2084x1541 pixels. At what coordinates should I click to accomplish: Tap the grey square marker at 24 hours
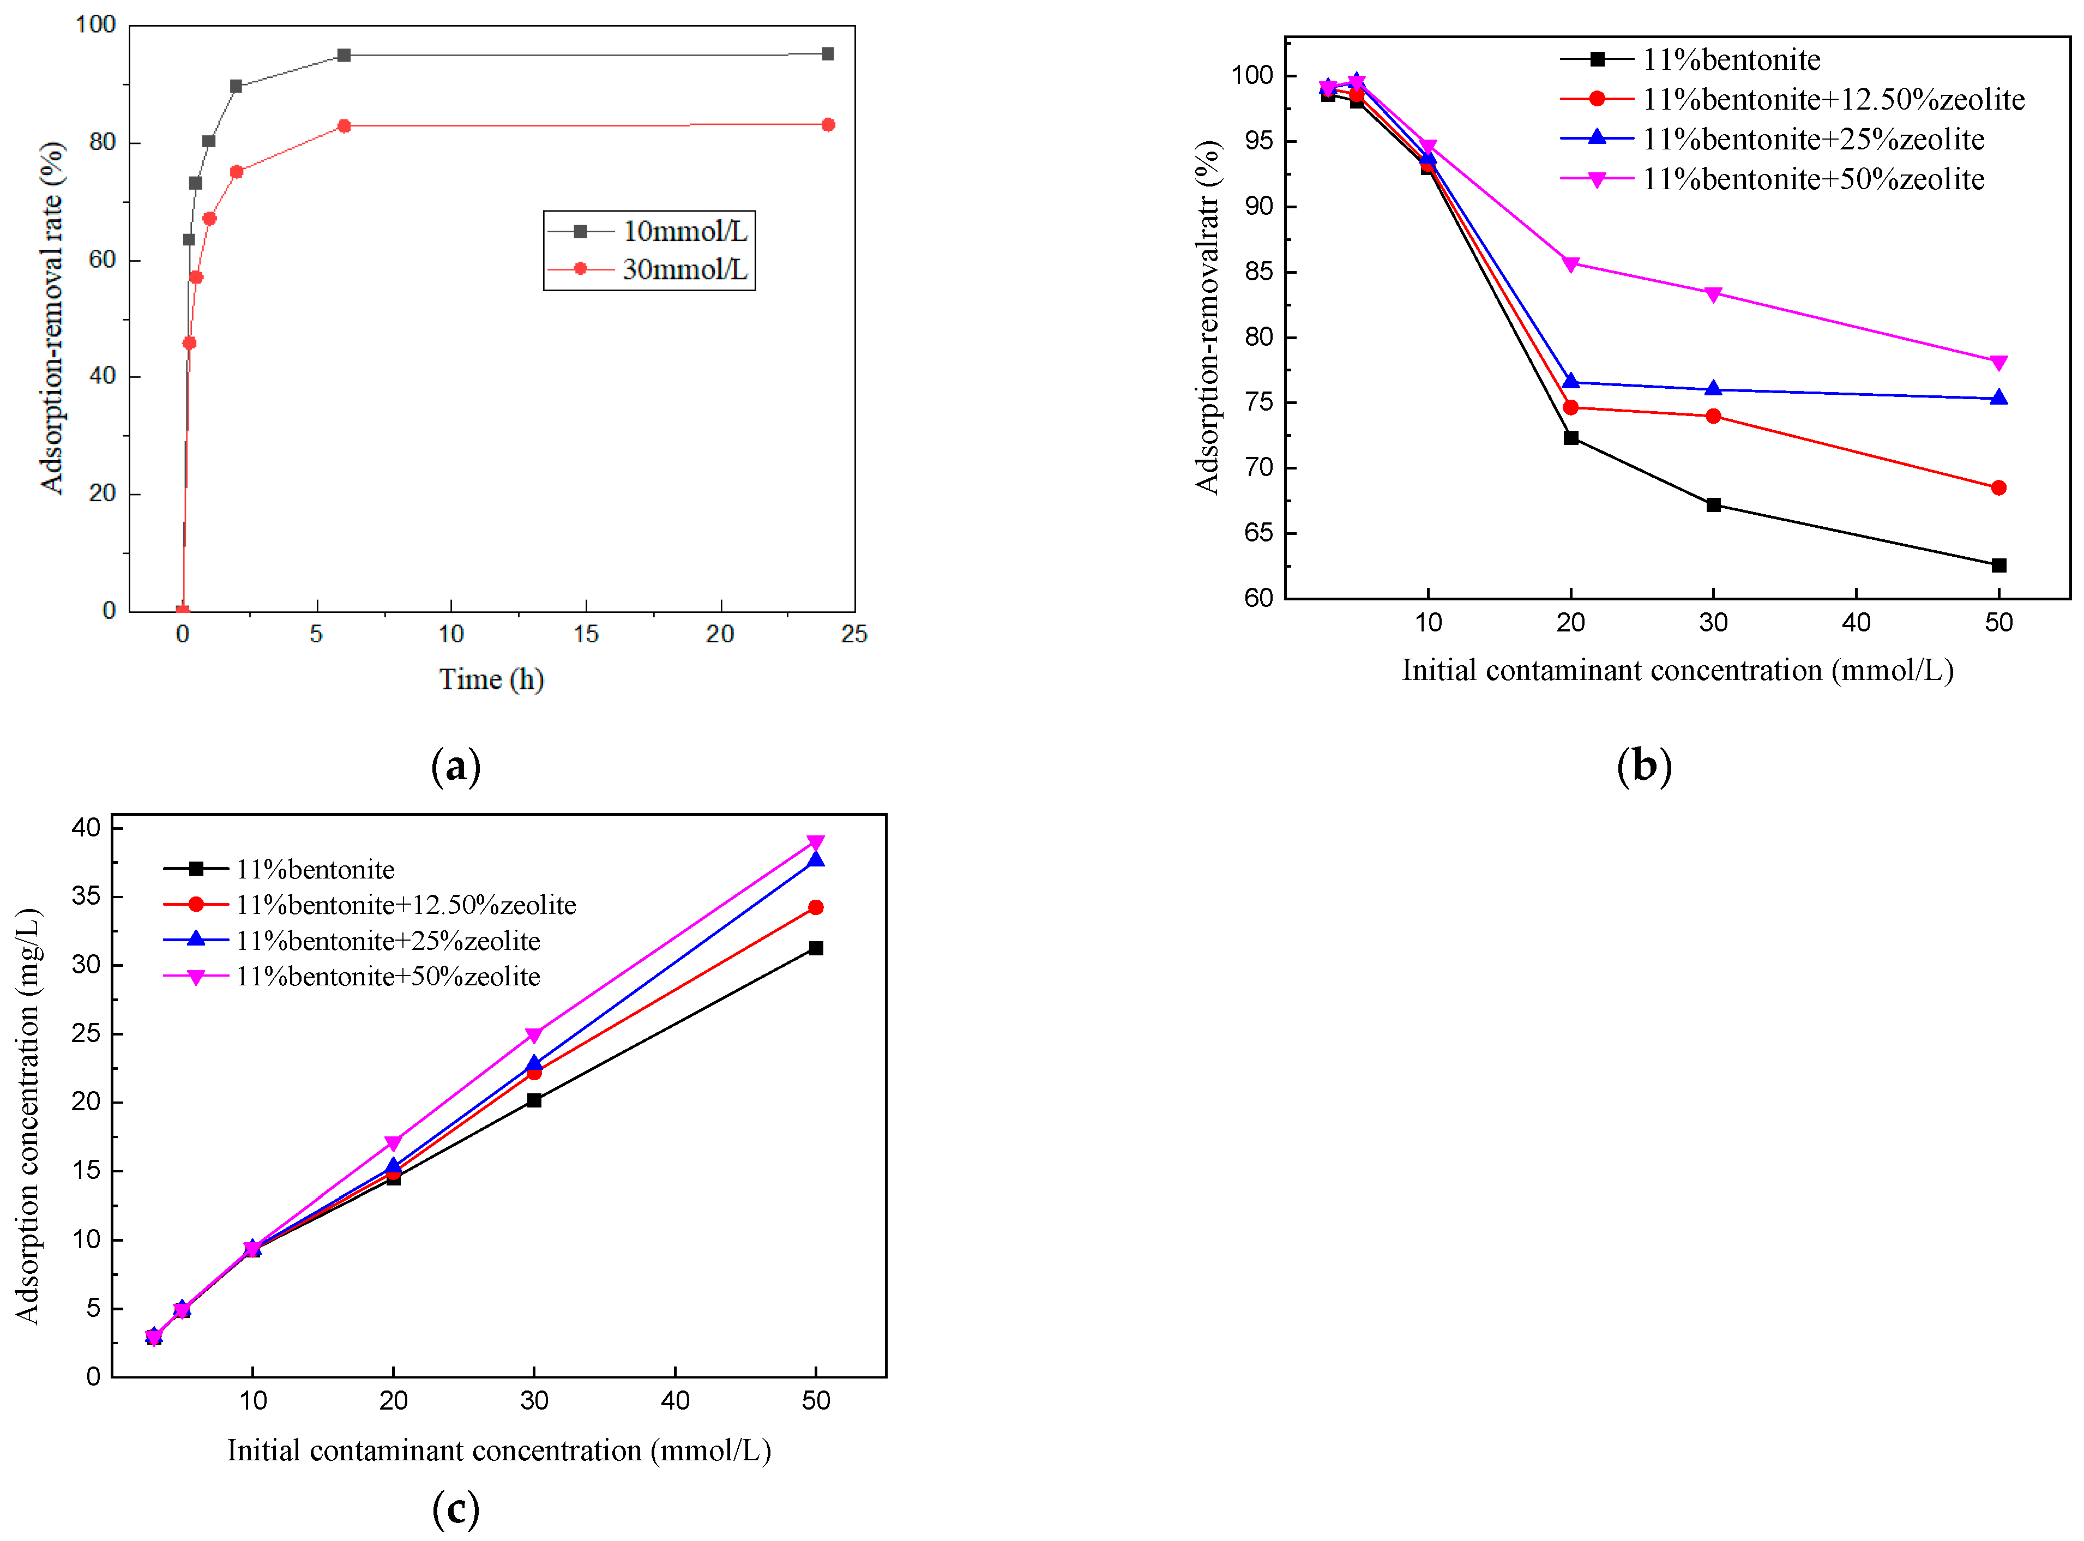click(828, 54)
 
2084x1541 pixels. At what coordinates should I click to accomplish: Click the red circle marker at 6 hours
click(344, 126)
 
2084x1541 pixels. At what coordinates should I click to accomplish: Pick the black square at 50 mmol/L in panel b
click(1998, 565)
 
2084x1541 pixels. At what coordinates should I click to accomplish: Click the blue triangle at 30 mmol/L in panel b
click(1713, 389)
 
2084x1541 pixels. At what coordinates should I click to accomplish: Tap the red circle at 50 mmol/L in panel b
click(1998, 488)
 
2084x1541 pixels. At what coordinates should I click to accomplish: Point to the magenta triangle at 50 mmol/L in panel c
click(815, 843)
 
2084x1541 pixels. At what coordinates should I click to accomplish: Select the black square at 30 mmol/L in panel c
click(534, 1101)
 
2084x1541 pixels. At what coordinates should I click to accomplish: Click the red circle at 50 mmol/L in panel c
click(815, 907)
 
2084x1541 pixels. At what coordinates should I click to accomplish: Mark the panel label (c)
click(456, 1508)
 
